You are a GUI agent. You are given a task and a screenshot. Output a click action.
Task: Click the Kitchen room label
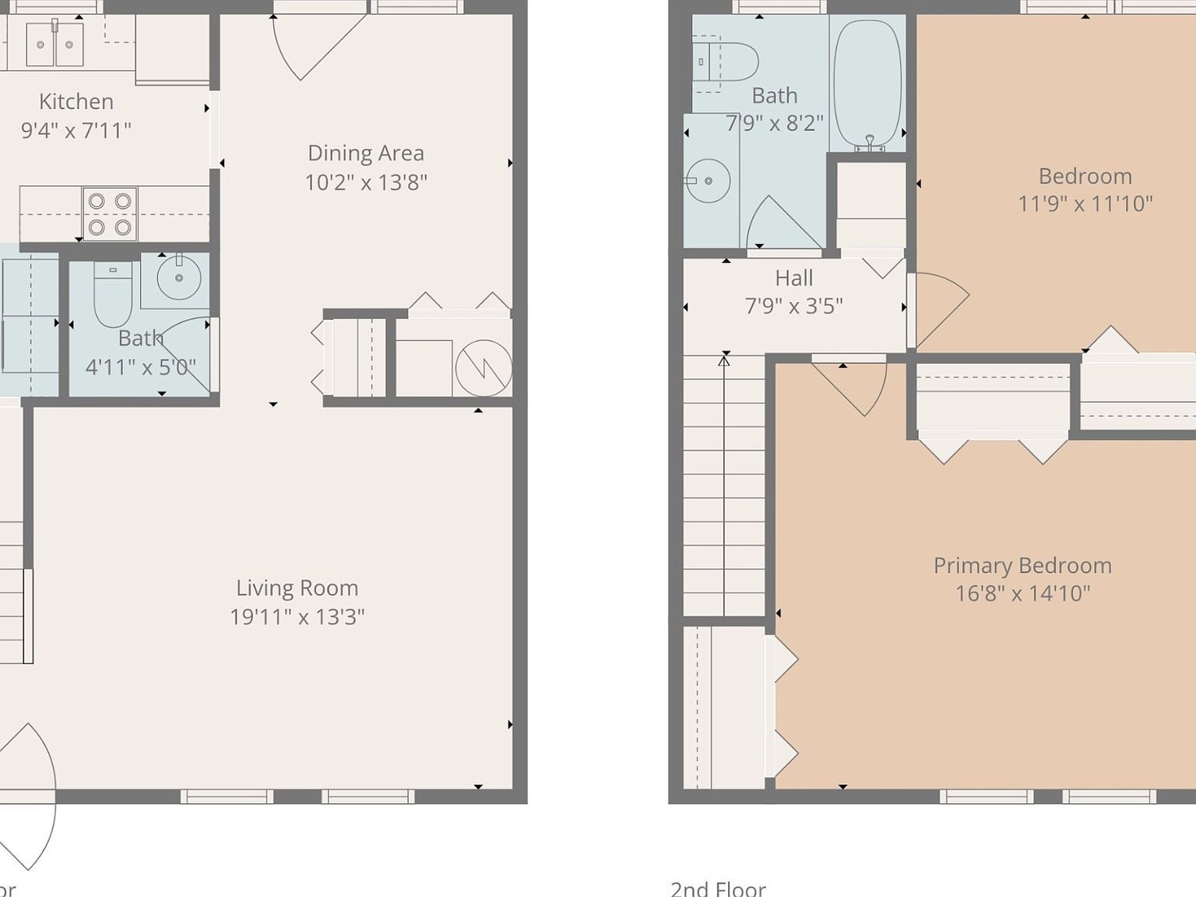(x=76, y=101)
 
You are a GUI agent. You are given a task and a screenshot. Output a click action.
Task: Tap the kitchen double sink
(x=55, y=44)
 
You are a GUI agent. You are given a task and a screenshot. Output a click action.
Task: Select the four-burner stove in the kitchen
(x=110, y=214)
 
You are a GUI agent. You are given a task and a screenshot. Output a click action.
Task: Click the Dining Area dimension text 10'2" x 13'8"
(x=366, y=182)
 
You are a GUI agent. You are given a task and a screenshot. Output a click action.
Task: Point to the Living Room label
(x=297, y=588)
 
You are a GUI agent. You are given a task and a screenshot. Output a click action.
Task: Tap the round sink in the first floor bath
(x=179, y=278)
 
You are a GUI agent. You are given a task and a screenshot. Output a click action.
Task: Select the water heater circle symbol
(x=484, y=367)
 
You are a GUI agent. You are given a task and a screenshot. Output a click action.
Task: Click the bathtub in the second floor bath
(x=867, y=83)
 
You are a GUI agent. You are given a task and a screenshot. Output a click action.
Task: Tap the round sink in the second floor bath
(x=708, y=181)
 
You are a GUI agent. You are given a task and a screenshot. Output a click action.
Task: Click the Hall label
(x=793, y=278)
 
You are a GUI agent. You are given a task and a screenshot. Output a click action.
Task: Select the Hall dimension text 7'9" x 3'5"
(x=793, y=306)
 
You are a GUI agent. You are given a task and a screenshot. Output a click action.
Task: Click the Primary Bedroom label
(x=1022, y=565)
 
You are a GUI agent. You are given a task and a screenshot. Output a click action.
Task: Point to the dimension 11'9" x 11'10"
(x=1085, y=204)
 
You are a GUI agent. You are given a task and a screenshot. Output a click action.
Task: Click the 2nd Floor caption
(x=718, y=888)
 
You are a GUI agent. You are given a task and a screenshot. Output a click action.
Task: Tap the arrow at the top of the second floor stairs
(x=724, y=361)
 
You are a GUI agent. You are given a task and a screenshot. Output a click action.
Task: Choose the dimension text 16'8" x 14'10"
(x=1022, y=593)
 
